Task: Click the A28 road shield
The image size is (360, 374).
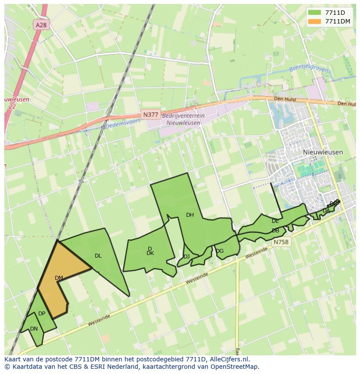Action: (x=41, y=25)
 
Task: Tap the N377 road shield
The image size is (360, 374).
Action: (x=150, y=115)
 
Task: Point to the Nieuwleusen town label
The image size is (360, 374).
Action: (x=323, y=152)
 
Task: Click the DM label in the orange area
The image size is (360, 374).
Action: (x=59, y=278)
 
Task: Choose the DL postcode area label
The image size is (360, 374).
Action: (x=98, y=256)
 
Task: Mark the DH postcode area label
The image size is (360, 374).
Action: (x=190, y=215)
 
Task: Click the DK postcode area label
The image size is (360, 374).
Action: (x=150, y=253)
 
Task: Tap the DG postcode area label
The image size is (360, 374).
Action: (x=220, y=251)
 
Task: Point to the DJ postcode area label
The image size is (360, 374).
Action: (x=186, y=257)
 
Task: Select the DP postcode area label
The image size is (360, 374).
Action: (x=42, y=314)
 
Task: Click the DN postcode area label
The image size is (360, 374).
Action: (x=34, y=329)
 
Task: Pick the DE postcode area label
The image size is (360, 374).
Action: (x=275, y=221)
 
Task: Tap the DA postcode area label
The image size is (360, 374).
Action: (x=326, y=211)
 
